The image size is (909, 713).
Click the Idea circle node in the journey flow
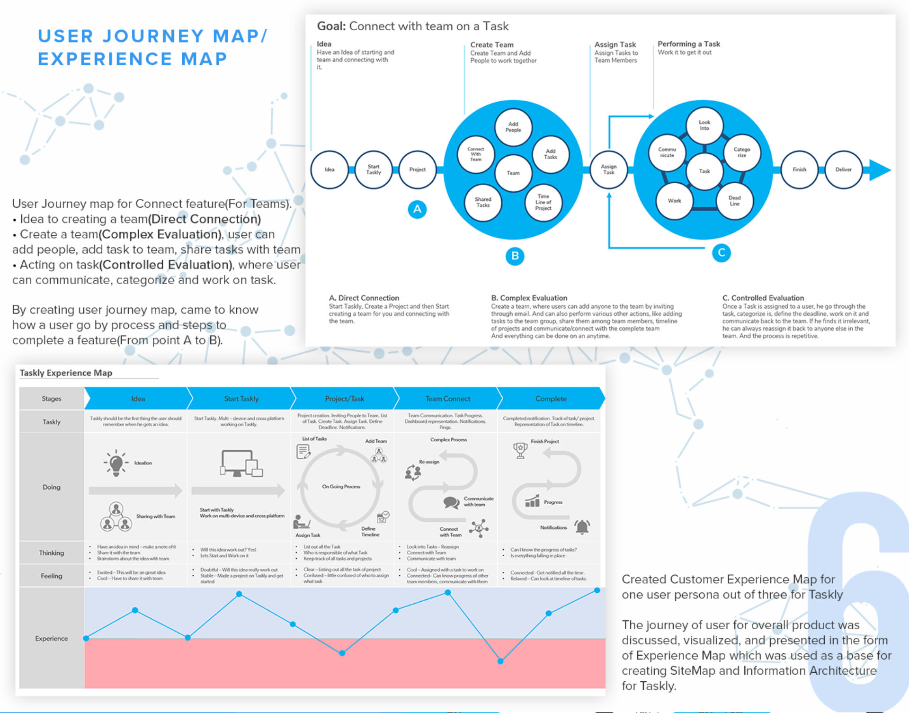coord(330,169)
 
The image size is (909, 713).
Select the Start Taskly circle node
coord(374,169)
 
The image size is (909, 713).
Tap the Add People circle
coord(513,127)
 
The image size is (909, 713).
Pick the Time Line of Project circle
coord(543,202)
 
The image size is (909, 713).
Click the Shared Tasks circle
coord(483,202)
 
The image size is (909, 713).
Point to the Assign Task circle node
coord(609,169)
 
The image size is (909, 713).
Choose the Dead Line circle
coord(734,201)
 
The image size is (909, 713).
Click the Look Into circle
coord(704,125)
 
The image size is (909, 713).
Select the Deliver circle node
coord(843,169)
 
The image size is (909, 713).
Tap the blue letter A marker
coord(417,209)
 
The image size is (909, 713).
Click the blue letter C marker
coord(722,253)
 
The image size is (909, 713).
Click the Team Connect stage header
coord(447,399)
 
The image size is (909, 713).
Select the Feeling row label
coord(52,576)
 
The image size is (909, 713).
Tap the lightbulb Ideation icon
coord(116,463)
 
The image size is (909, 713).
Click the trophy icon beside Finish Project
coord(520,450)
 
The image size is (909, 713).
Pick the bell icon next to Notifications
coord(582,526)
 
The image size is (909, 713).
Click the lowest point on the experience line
coord(500,661)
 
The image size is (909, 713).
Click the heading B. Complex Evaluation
coord(529,298)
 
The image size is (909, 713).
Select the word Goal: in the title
coord(331,26)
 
